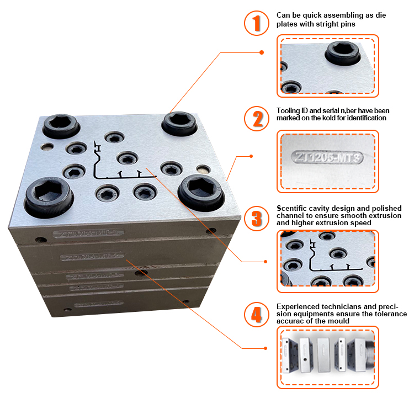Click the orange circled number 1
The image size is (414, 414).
pos(256,23)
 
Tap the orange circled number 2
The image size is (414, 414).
pos(256,118)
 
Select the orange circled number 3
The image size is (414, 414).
pos(256,218)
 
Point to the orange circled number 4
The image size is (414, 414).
pos(256,315)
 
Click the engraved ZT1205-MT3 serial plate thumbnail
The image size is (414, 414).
pos(328,158)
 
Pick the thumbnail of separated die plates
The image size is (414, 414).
pos(329,357)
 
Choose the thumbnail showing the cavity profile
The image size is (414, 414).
pos(329,260)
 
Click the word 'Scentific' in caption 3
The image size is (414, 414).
pos(293,208)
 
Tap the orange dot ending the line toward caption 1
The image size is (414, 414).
pos(262,52)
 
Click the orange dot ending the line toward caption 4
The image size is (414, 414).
pos(266,348)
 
